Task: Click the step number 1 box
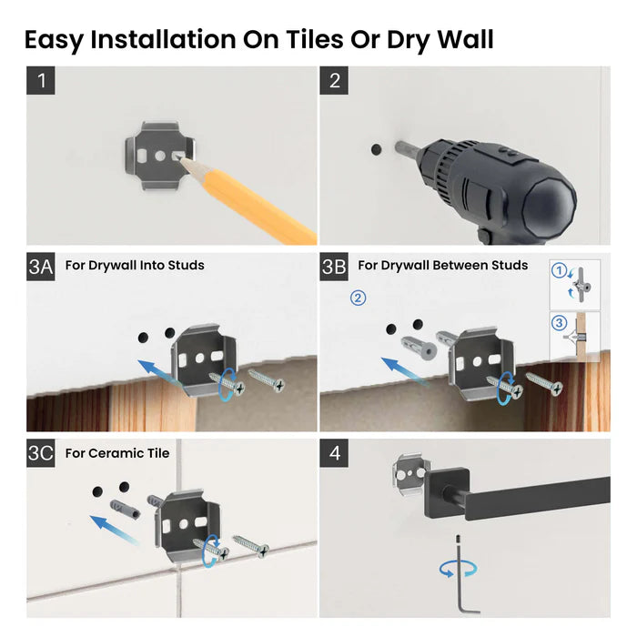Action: [41, 80]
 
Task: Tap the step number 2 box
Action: [334, 80]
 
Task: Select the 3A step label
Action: [42, 266]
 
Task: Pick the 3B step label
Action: [335, 266]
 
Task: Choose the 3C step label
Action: [43, 453]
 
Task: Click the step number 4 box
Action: [334, 453]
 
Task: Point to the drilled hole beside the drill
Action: [375, 147]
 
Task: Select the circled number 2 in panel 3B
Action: [359, 298]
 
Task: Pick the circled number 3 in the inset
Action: [561, 324]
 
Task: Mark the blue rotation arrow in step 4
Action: [458, 569]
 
